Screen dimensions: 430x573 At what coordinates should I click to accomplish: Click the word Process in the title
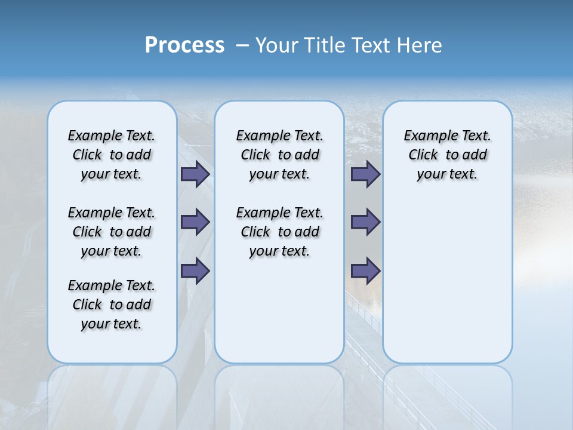[184, 45]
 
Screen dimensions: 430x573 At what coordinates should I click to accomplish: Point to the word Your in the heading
[277, 45]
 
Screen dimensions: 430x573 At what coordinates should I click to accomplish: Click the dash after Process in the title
[242, 45]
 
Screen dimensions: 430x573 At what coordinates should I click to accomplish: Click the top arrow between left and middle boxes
[195, 174]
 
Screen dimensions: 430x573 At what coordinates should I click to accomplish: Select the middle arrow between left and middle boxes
[195, 222]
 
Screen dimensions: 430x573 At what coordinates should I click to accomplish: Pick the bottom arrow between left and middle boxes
[195, 271]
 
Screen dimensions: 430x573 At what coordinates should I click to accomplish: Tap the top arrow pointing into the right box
[365, 174]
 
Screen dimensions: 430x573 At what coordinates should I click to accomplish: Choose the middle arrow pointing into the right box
[365, 222]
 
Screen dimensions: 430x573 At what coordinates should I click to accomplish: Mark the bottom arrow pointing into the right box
[365, 271]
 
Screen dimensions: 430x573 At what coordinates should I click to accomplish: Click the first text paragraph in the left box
[112, 155]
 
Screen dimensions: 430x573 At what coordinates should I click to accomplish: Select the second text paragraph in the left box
[112, 232]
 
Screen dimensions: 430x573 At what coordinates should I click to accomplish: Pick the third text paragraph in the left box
[112, 305]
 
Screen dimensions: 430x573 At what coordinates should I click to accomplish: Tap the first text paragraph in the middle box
[279, 155]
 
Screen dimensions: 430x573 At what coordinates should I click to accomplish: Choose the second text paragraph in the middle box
[279, 232]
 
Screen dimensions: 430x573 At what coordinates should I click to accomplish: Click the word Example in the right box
[426, 136]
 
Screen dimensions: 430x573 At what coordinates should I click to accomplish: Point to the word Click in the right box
[423, 155]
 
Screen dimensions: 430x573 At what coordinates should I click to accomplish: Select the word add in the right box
[475, 155]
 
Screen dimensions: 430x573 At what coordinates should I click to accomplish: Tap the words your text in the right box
[447, 174]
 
